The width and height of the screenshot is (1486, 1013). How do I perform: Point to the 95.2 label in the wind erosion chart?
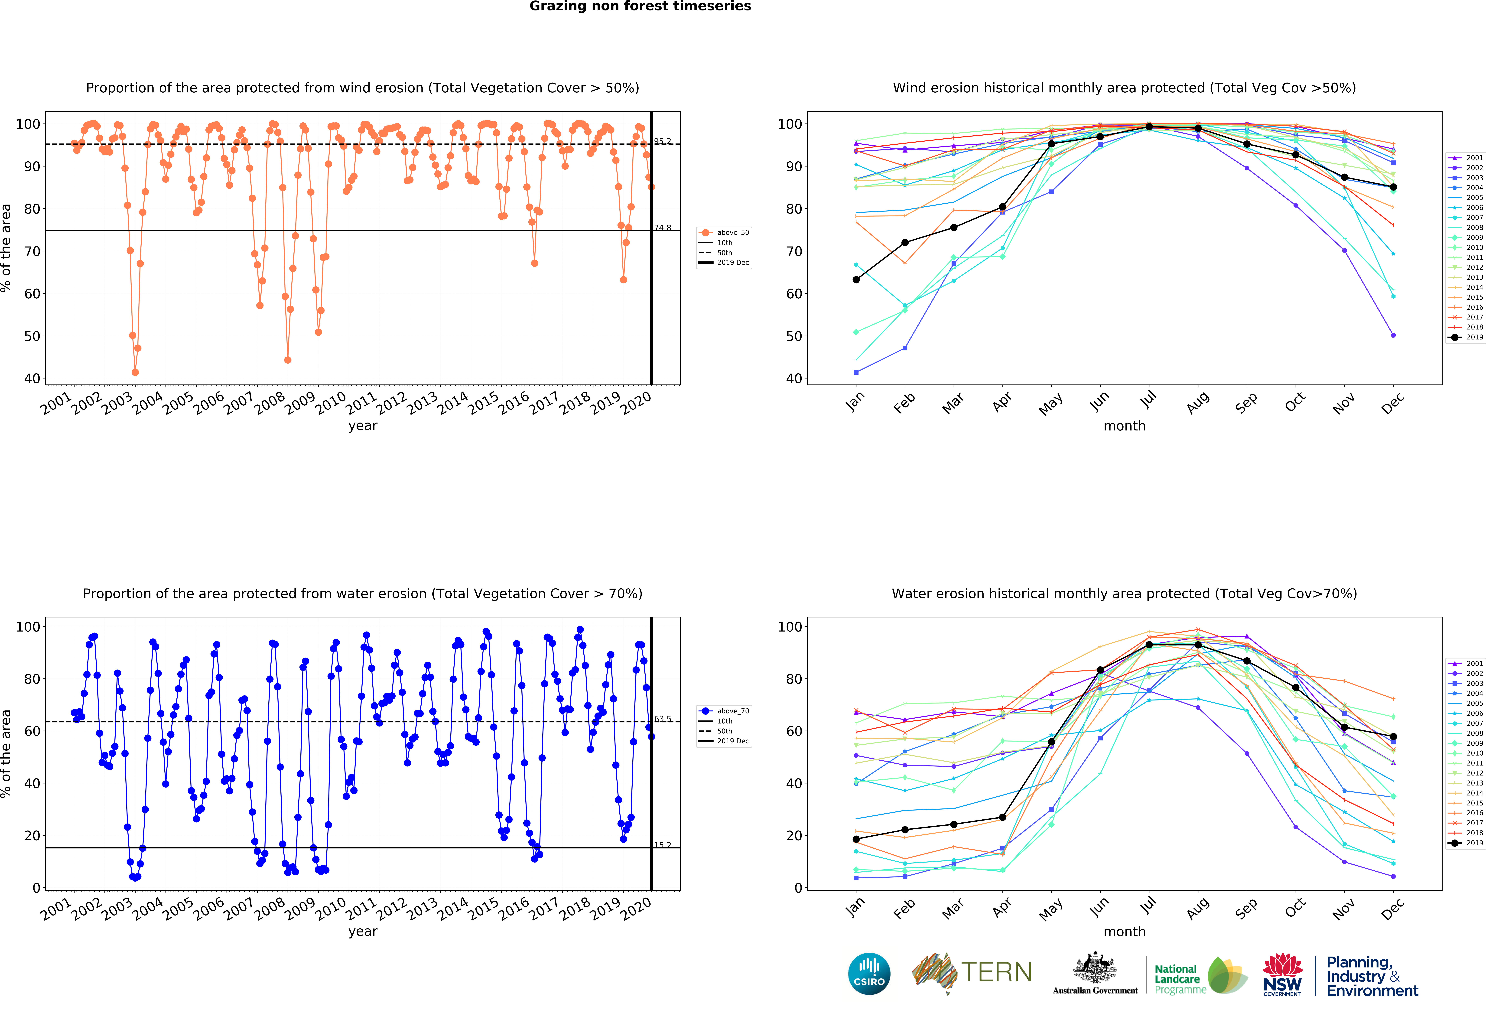(662, 141)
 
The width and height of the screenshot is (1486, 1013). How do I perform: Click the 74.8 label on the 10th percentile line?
(662, 228)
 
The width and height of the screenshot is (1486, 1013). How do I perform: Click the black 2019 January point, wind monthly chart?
(856, 280)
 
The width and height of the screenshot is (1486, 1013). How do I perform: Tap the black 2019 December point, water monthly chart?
(1393, 737)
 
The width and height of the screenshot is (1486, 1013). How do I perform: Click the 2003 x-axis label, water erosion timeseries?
(117, 909)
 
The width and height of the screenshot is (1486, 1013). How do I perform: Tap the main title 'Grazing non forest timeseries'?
(640, 6)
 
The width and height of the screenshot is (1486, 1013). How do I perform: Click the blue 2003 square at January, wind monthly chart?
(856, 372)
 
